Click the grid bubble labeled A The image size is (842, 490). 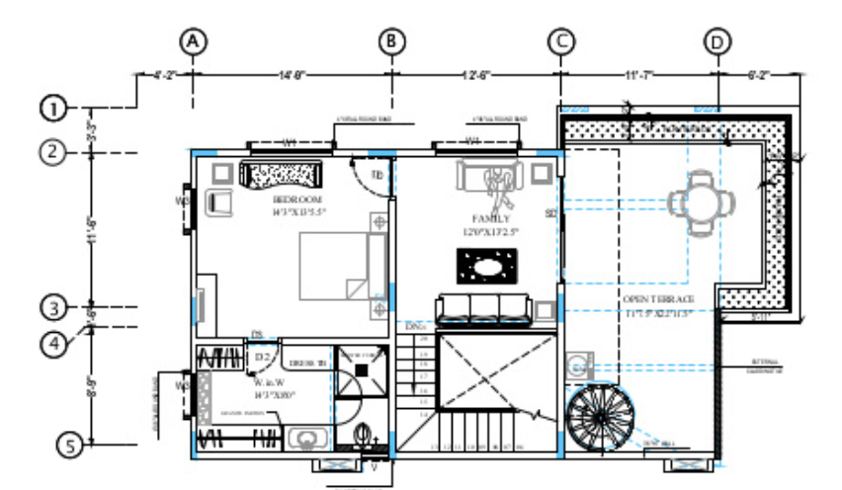(194, 41)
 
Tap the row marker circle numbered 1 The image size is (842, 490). (54, 107)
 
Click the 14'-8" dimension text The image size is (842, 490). (294, 74)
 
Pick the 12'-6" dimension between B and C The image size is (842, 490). (479, 74)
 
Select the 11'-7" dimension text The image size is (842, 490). (638, 74)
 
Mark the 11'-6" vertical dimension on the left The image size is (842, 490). (92, 229)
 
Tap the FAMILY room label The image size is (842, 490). (491, 218)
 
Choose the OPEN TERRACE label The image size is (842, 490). (659, 299)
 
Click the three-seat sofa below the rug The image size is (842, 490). (484, 308)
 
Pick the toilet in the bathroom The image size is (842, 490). (362, 435)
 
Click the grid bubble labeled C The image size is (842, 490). (560, 41)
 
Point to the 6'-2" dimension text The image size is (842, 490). (757, 74)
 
